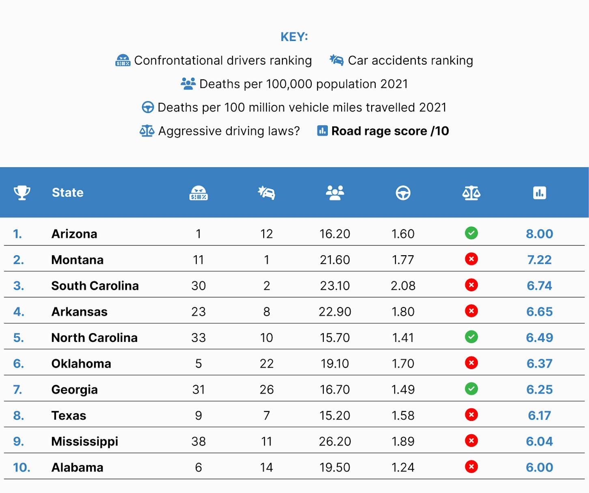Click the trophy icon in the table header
[x=22, y=193]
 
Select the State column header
[x=68, y=193]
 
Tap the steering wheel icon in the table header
[x=403, y=193]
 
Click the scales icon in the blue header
[x=471, y=193]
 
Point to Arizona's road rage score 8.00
[x=540, y=234]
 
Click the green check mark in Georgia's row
[x=471, y=389]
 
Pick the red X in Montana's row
[x=471, y=259]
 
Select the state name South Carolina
[x=95, y=286]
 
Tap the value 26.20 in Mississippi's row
[x=335, y=442]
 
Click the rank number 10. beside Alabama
[x=22, y=467]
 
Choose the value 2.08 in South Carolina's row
[x=403, y=286]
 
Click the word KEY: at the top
[x=294, y=36]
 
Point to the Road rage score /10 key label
[x=390, y=131]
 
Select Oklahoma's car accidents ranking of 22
[x=267, y=364]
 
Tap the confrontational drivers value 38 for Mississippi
[x=199, y=442]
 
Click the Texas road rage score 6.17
[x=540, y=416]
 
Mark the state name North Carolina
[x=95, y=337]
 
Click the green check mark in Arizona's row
[x=471, y=233]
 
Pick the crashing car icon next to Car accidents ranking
[x=337, y=60]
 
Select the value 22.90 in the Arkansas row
[x=335, y=312]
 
